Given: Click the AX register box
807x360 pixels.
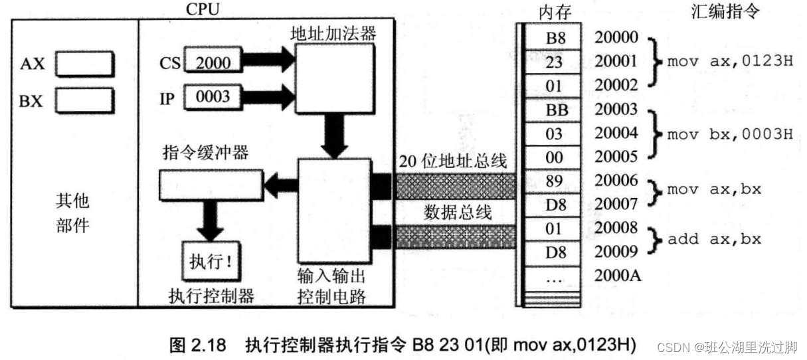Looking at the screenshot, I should pyautogui.click(x=84, y=64).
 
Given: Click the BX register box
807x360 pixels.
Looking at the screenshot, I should pyautogui.click(x=84, y=101).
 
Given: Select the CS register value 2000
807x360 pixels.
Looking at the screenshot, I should pyautogui.click(x=213, y=62).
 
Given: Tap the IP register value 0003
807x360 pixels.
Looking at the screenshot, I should pyautogui.click(x=213, y=97).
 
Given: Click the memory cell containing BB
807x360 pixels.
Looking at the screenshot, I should pyautogui.click(x=555, y=110).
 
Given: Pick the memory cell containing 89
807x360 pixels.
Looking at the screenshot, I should pyautogui.click(x=555, y=181).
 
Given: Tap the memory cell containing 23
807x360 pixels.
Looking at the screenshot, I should pyautogui.click(x=555, y=61).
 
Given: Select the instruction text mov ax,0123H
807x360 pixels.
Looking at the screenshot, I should pyautogui.click(x=729, y=61).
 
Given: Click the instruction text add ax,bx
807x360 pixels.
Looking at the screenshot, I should pyautogui.click(x=713, y=239).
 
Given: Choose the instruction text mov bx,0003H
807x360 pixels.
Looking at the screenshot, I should pyautogui.click(x=729, y=134).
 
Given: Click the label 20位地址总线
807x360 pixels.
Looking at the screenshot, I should pyautogui.click(x=453, y=160).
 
